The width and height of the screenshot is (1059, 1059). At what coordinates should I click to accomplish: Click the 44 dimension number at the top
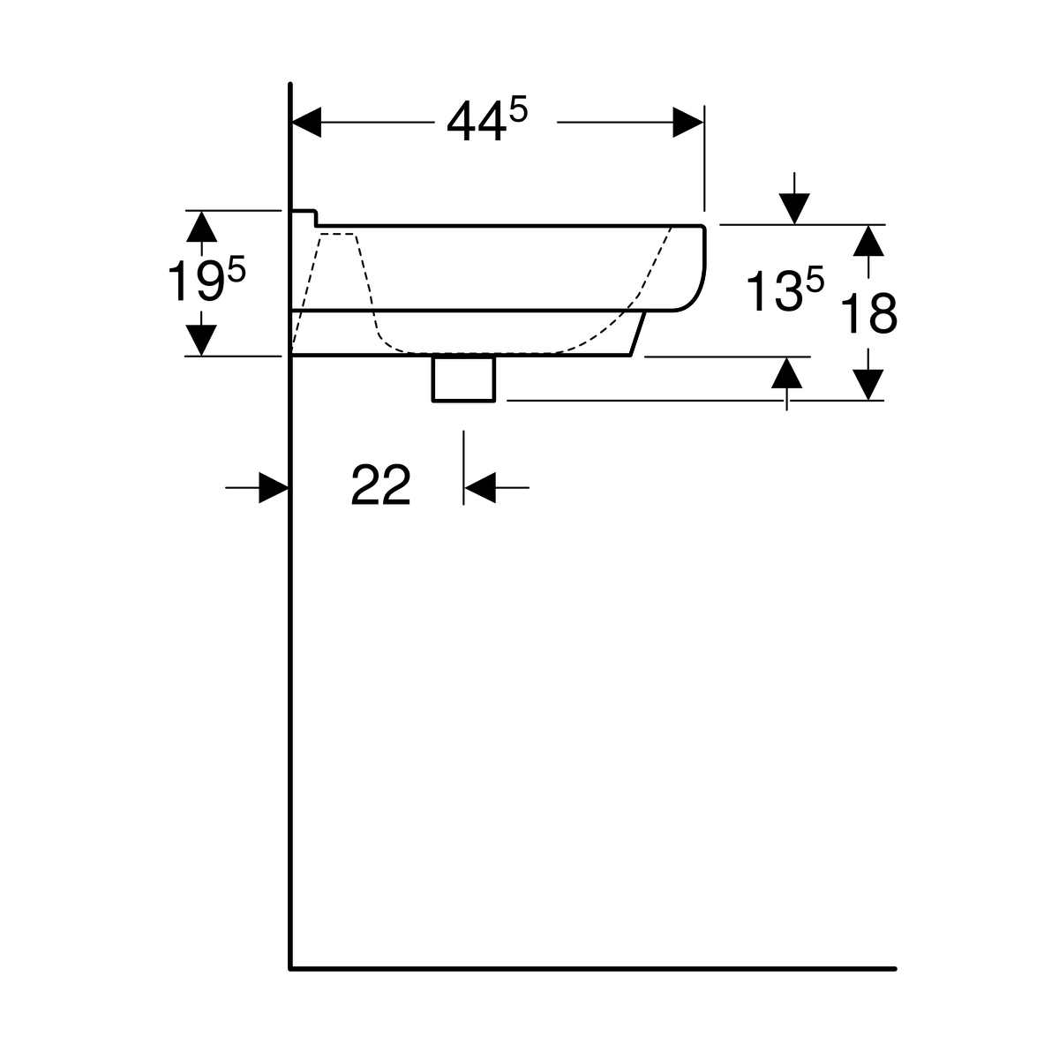tap(477, 121)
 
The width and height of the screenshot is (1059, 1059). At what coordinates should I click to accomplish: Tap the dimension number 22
tap(381, 484)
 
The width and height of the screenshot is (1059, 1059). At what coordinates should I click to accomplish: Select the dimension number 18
tap(869, 313)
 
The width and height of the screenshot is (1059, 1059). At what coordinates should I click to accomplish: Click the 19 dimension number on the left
tap(195, 281)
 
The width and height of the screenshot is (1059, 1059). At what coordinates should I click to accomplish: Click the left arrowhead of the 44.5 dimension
tap(306, 122)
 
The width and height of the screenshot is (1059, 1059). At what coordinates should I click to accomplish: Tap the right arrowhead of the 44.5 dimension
tap(688, 122)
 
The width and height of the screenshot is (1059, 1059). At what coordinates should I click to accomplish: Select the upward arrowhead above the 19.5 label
tap(202, 227)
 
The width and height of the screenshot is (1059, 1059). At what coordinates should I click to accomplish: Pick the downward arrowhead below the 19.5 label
tap(201, 340)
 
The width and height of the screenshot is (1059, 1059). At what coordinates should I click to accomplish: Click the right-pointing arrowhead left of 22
tap(274, 487)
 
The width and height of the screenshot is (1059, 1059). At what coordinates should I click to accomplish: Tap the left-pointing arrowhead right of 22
tap(480, 487)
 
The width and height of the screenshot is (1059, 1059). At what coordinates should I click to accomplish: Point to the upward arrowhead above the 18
tap(868, 241)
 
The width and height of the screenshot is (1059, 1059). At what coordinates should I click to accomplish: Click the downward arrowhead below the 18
tap(868, 385)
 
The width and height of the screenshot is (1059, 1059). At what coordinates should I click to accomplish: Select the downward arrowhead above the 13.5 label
tap(794, 209)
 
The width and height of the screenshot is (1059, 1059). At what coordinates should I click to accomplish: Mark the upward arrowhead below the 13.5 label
tap(786, 372)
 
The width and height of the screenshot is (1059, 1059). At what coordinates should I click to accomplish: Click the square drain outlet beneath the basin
tap(464, 379)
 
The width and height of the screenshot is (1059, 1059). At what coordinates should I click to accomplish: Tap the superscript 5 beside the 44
tap(518, 109)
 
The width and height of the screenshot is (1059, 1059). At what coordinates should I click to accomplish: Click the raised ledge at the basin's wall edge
tap(304, 218)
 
